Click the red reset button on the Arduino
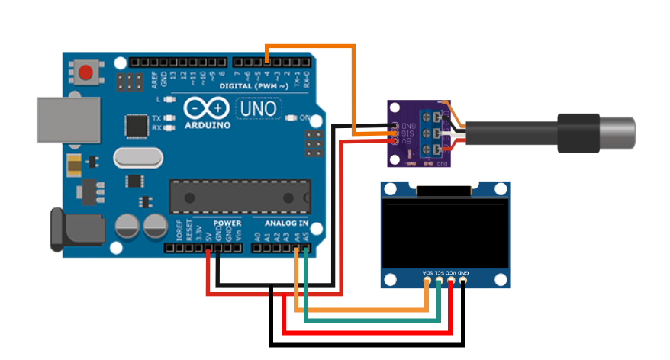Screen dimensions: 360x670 [x=85, y=73]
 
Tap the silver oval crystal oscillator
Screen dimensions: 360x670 [x=138, y=158]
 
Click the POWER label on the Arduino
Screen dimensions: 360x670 [x=227, y=223]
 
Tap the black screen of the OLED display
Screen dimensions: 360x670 [x=444, y=232]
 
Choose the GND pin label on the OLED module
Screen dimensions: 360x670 [x=462, y=272]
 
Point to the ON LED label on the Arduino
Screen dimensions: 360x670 [x=304, y=118]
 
